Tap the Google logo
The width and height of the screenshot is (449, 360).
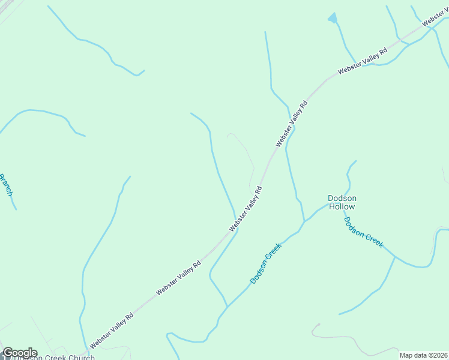click(x=20, y=353)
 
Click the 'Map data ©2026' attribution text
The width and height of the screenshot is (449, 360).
click(x=423, y=355)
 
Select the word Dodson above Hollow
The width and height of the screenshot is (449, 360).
click(x=342, y=198)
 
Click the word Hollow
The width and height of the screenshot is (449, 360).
click(x=342, y=207)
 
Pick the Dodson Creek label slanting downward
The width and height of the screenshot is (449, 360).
click(x=363, y=232)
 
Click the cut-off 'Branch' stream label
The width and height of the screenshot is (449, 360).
click(x=5, y=184)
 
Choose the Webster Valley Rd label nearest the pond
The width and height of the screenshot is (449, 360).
click(x=363, y=61)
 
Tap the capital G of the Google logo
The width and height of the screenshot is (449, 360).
click(x=8, y=353)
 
